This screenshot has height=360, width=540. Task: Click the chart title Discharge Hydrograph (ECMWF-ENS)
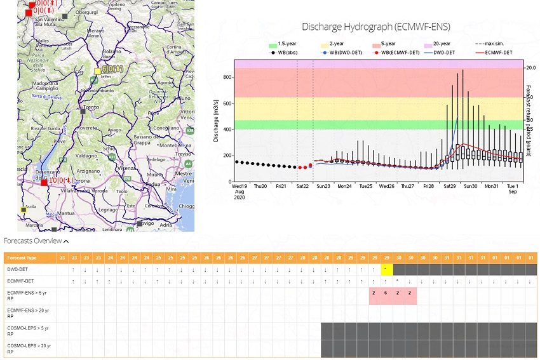click(x=375, y=27)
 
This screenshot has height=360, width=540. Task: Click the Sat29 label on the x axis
click(x=449, y=187)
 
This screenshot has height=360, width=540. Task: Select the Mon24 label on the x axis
click(x=344, y=187)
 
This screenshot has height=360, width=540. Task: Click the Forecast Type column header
click(x=23, y=258)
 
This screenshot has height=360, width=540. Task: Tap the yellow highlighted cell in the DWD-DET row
click(x=386, y=269)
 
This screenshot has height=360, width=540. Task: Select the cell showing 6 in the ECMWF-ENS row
click(x=386, y=293)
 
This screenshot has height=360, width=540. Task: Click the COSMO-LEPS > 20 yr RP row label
click(x=29, y=349)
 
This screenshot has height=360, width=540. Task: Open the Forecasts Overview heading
click(x=36, y=241)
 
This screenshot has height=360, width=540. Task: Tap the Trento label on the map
click(x=93, y=107)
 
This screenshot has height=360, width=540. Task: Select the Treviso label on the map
click(x=185, y=153)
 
